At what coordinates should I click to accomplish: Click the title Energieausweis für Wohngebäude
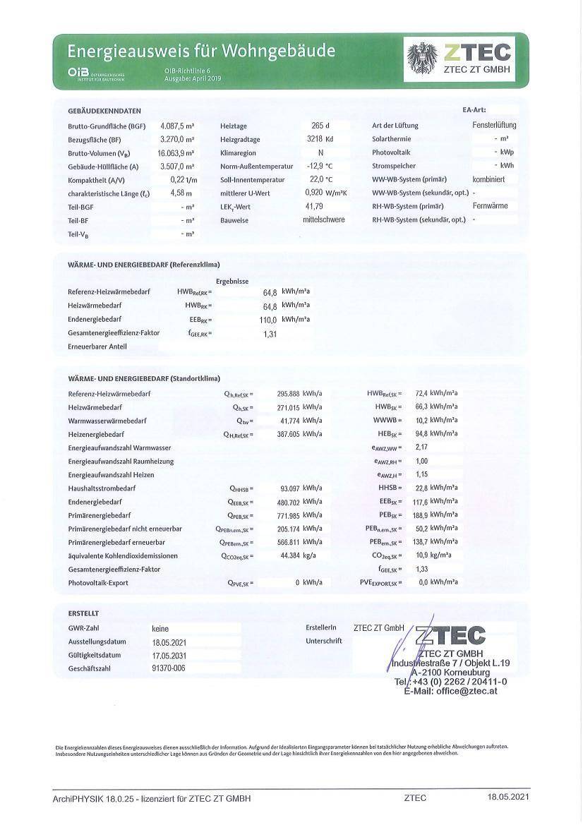[201, 51]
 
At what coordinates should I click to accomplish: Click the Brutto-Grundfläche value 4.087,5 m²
[177, 125]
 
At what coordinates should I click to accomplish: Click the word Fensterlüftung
[494, 125]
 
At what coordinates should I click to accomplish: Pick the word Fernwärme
[493, 206]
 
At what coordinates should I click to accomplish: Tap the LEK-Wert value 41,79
[314, 206]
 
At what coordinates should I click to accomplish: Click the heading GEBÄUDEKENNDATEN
[104, 111]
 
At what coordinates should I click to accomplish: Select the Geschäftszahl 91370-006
[168, 668]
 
